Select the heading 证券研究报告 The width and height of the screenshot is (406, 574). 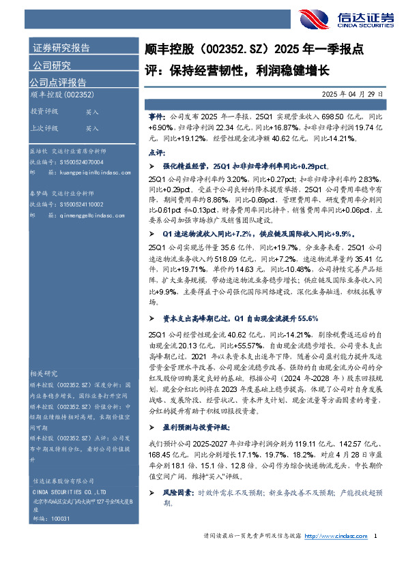(x=61, y=48)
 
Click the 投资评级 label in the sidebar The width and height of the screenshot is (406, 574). (x=44, y=111)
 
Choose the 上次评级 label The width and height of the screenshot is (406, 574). (x=44, y=127)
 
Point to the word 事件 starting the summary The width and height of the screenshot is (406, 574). (x=156, y=117)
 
